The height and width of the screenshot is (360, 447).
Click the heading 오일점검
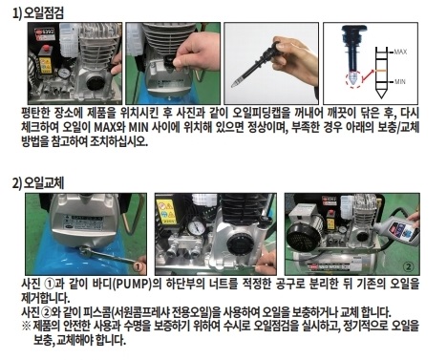(44, 13)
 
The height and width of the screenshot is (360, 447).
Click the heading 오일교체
(44, 183)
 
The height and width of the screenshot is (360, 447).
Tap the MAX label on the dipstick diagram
(400, 52)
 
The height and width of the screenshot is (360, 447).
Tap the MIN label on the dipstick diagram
(400, 82)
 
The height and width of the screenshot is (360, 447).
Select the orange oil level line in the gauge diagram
(381, 71)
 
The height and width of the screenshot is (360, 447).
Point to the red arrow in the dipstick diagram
(368, 75)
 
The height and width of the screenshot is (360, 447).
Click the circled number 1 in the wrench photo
(137, 266)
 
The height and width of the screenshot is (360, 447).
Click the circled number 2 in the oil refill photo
(409, 266)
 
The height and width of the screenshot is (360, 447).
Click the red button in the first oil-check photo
(47, 49)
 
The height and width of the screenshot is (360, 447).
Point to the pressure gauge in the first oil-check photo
(65, 73)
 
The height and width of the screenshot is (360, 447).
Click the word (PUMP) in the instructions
(132, 284)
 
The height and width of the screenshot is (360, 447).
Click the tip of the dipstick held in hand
(233, 86)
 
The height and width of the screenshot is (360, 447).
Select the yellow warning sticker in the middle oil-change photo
(166, 211)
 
